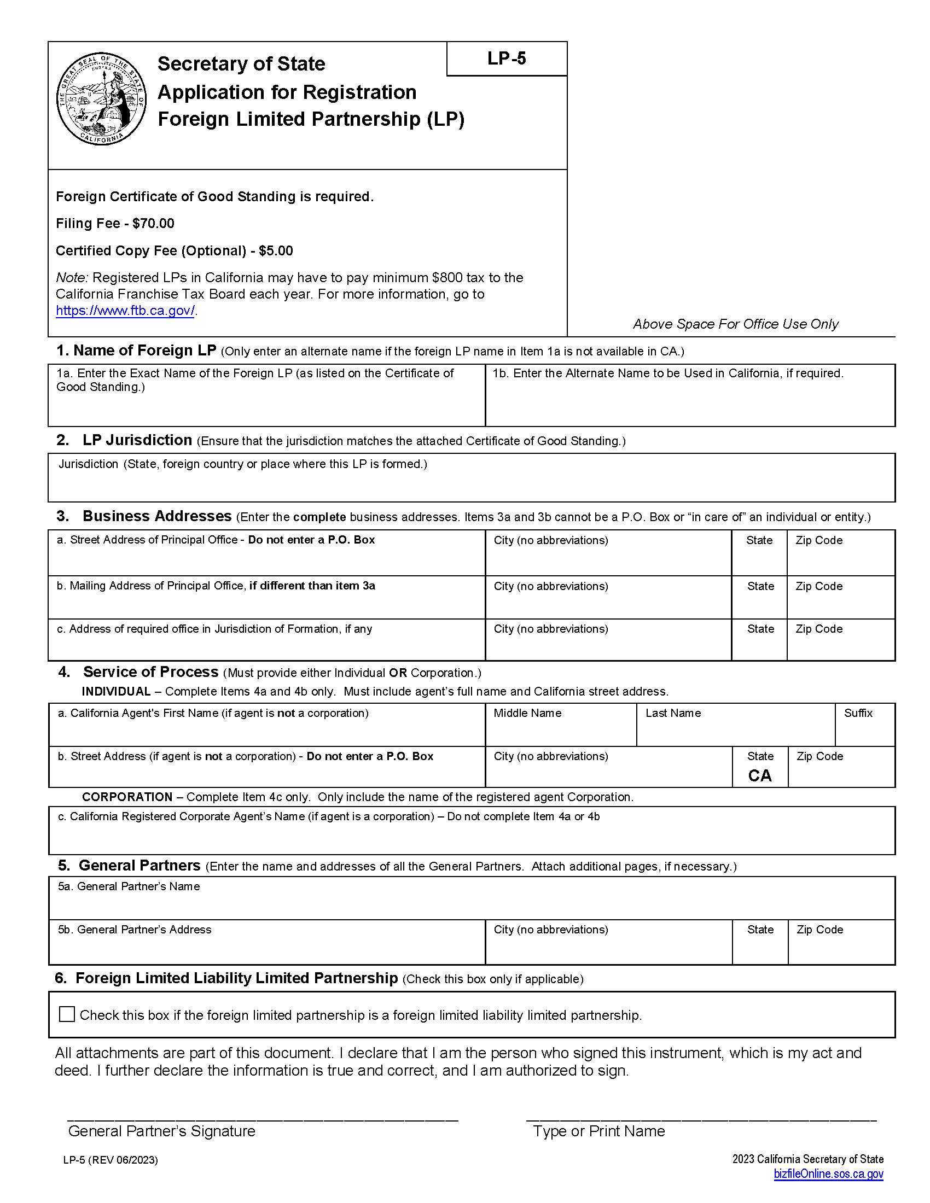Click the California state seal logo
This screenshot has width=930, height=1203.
click(102, 100)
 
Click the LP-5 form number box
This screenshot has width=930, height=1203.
click(507, 59)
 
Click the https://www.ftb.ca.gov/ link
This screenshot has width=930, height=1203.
click(125, 311)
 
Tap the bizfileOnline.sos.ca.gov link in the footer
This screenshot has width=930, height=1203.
click(828, 1173)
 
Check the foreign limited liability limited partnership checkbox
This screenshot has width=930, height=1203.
click(67, 1014)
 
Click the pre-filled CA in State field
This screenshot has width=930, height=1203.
click(759, 775)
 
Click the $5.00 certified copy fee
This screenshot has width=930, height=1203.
click(276, 251)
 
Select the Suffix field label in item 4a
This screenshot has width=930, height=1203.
click(858, 713)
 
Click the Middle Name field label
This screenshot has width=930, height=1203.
click(527, 713)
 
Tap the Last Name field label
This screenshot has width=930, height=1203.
click(673, 713)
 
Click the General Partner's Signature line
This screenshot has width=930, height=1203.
click(262, 1118)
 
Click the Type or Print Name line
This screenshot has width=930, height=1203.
click(701, 1118)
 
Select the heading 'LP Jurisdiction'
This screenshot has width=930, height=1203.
click(137, 440)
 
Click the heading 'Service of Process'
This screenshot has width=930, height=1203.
click(150, 672)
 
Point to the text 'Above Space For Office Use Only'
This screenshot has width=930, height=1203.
click(735, 324)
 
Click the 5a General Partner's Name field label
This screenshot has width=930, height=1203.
click(129, 886)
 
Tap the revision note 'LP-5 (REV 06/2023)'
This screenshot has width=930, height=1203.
click(110, 1160)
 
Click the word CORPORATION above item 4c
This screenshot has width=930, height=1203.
click(127, 797)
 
